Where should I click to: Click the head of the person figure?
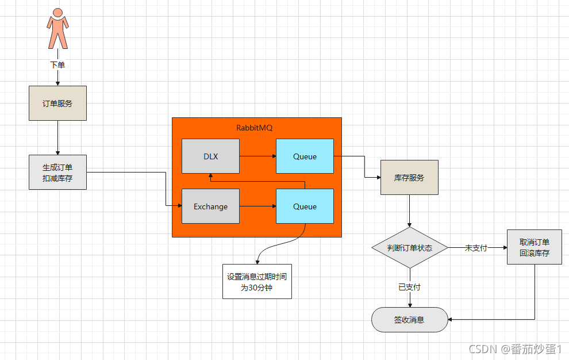[x=57, y=13]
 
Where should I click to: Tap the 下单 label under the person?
[x=57, y=65]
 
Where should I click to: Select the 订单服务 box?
[x=57, y=103]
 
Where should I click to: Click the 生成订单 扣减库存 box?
[x=57, y=172]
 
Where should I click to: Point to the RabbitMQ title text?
[x=255, y=128]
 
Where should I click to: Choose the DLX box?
[x=210, y=156]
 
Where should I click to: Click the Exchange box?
[x=210, y=206]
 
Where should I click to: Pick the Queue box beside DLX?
[x=305, y=156]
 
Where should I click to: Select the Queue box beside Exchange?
[x=305, y=206]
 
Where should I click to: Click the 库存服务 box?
[x=409, y=177]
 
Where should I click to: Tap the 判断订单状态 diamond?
[x=410, y=248]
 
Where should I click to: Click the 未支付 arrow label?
[x=476, y=248]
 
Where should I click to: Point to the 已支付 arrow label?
[x=410, y=287]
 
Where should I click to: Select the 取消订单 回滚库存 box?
[x=535, y=247]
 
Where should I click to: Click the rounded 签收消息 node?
[x=410, y=320]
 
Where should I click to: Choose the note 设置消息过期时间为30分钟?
[x=257, y=282]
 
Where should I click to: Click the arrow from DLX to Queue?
[x=258, y=156]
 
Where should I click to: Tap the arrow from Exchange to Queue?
[x=258, y=206]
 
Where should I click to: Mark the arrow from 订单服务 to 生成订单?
[x=57, y=137]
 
